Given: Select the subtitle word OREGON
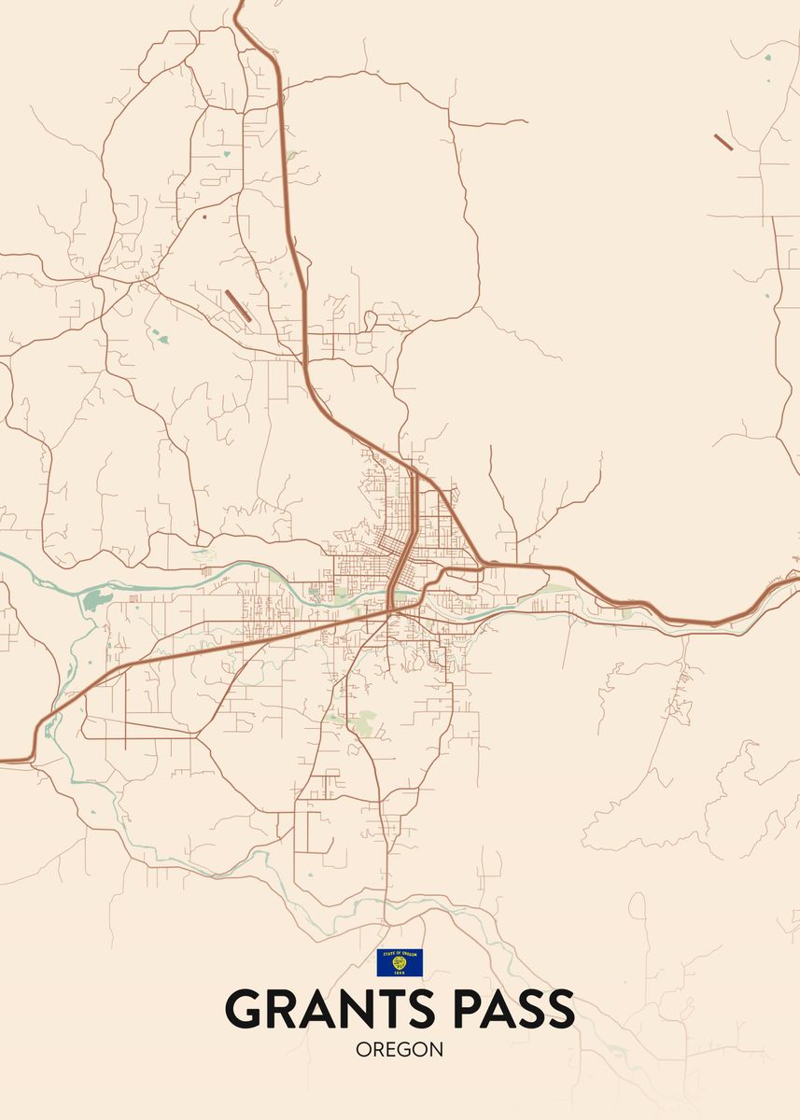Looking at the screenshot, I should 400,1050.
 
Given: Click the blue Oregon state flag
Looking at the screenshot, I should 400,962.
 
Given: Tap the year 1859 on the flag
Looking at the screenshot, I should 400,972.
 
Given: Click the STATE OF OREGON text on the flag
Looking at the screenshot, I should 400,954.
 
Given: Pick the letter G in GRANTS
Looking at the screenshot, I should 244,1009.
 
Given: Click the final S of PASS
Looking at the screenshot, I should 557,1009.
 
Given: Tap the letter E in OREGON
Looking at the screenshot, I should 390,1050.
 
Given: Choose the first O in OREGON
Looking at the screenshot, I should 363,1050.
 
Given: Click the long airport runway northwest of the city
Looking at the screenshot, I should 238,305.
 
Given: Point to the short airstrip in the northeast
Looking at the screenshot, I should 723,142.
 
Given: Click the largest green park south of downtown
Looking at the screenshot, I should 368,721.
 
